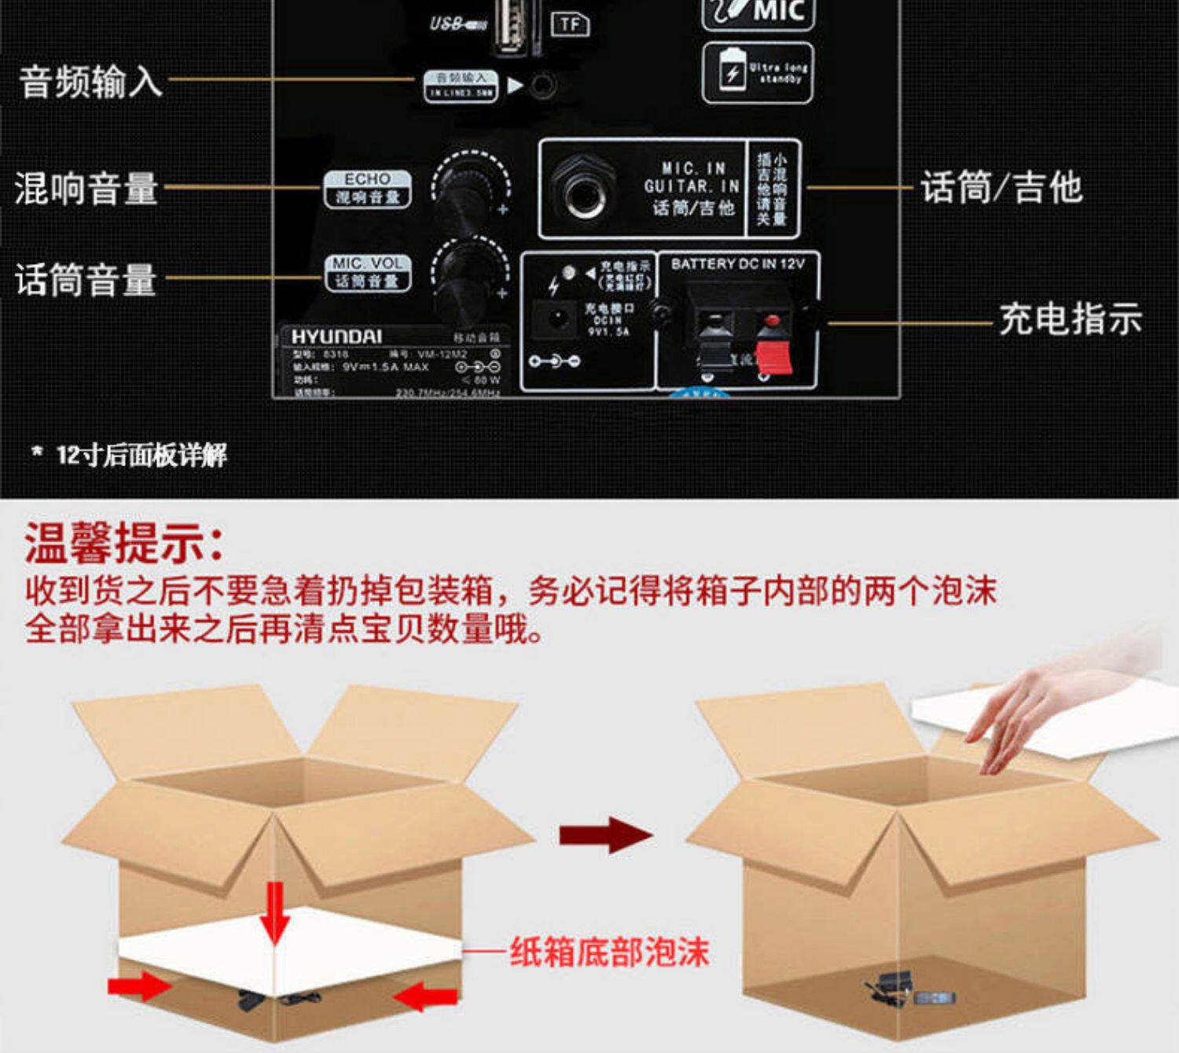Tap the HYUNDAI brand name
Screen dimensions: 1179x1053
[x=336, y=337]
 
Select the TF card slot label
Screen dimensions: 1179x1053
[x=570, y=24]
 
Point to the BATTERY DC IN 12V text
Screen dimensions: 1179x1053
[x=737, y=264]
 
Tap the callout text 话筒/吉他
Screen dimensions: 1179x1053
[x=1001, y=188]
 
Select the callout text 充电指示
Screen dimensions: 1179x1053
[x=1070, y=319]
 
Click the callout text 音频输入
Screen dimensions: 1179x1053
[x=90, y=81]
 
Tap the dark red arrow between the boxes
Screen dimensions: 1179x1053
[x=605, y=835]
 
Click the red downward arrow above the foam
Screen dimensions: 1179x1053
[x=274, y=912]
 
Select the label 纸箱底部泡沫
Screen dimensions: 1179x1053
[x=609, y=952]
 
